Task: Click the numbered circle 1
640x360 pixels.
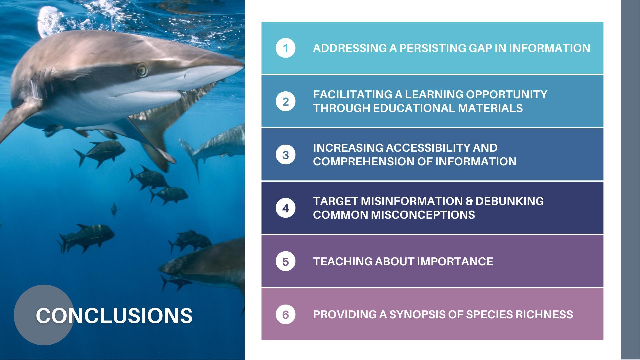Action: [285, 48]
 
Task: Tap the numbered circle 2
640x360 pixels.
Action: [285, 101]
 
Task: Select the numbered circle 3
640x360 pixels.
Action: [285, 155]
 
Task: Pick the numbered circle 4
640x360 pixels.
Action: [285, 208]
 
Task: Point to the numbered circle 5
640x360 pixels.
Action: [285, 261]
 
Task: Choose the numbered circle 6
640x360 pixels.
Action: [285, 314]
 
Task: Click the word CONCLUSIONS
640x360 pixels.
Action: [114, 315]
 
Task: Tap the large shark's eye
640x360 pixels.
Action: [142, 70]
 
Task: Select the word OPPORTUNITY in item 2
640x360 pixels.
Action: [506, 94]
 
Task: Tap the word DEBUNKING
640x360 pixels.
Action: [509, 201]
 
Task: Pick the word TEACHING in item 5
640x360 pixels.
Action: [343, 261]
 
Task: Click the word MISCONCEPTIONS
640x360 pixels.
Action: [423, 215]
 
